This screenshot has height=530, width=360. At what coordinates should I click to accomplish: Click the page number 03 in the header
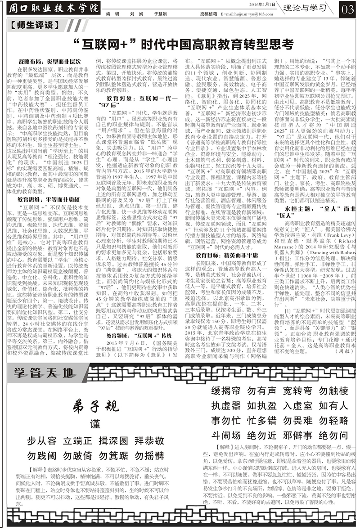pos(348,9)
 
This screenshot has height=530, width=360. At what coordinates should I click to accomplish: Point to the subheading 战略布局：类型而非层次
pos(44,61)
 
